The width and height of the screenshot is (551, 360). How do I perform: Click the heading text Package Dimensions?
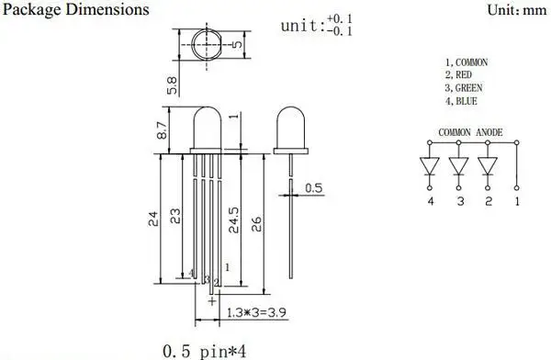tap(76, 10)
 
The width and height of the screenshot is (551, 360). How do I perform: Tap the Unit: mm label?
tap(517, 10)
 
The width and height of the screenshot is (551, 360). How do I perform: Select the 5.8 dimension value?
tap(172, 85)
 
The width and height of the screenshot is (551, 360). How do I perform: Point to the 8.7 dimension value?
tap(162, 130)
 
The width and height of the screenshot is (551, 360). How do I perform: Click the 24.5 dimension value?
tap(233, 220)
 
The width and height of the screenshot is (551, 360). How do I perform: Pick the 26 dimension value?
tap(256, 224)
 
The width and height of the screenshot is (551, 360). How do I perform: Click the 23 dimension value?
tap(175, 216)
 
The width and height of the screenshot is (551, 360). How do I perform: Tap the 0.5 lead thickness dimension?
tap(314, 188)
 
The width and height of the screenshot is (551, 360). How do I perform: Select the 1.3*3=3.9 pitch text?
tap(256, 312)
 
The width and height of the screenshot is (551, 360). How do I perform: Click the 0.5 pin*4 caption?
tap(205, 351)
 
